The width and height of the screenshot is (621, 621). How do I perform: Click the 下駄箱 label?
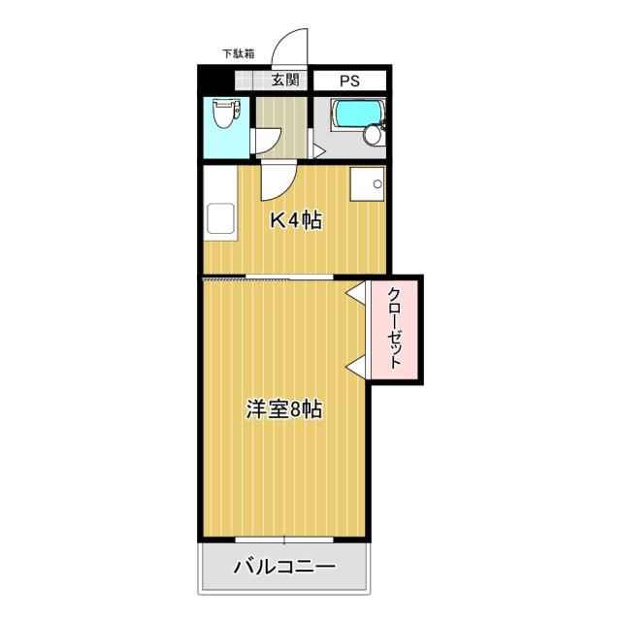coord(238,53)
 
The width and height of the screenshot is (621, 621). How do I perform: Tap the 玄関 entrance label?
coord(285,81)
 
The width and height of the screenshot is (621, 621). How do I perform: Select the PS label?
coord(349,81)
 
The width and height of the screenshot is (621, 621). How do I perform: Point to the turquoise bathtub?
coord(357,114)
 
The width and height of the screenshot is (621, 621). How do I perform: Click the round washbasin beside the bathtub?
coord(373,135)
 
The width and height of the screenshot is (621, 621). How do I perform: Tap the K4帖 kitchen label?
coord(296,220)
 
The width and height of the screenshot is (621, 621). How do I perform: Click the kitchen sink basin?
coord(220,218)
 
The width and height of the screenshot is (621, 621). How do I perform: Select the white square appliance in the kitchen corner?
coord(367,183)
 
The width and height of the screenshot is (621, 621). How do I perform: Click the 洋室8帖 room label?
coord(283,409)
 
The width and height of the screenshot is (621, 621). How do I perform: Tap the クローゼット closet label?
coord(395,328)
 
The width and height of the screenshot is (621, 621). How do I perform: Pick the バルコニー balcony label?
coord(284,567)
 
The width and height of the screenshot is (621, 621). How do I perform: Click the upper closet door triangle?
coord(356,293)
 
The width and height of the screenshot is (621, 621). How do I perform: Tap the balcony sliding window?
coord(284,539)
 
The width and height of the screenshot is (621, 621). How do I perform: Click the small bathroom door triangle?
coord(319,151)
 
